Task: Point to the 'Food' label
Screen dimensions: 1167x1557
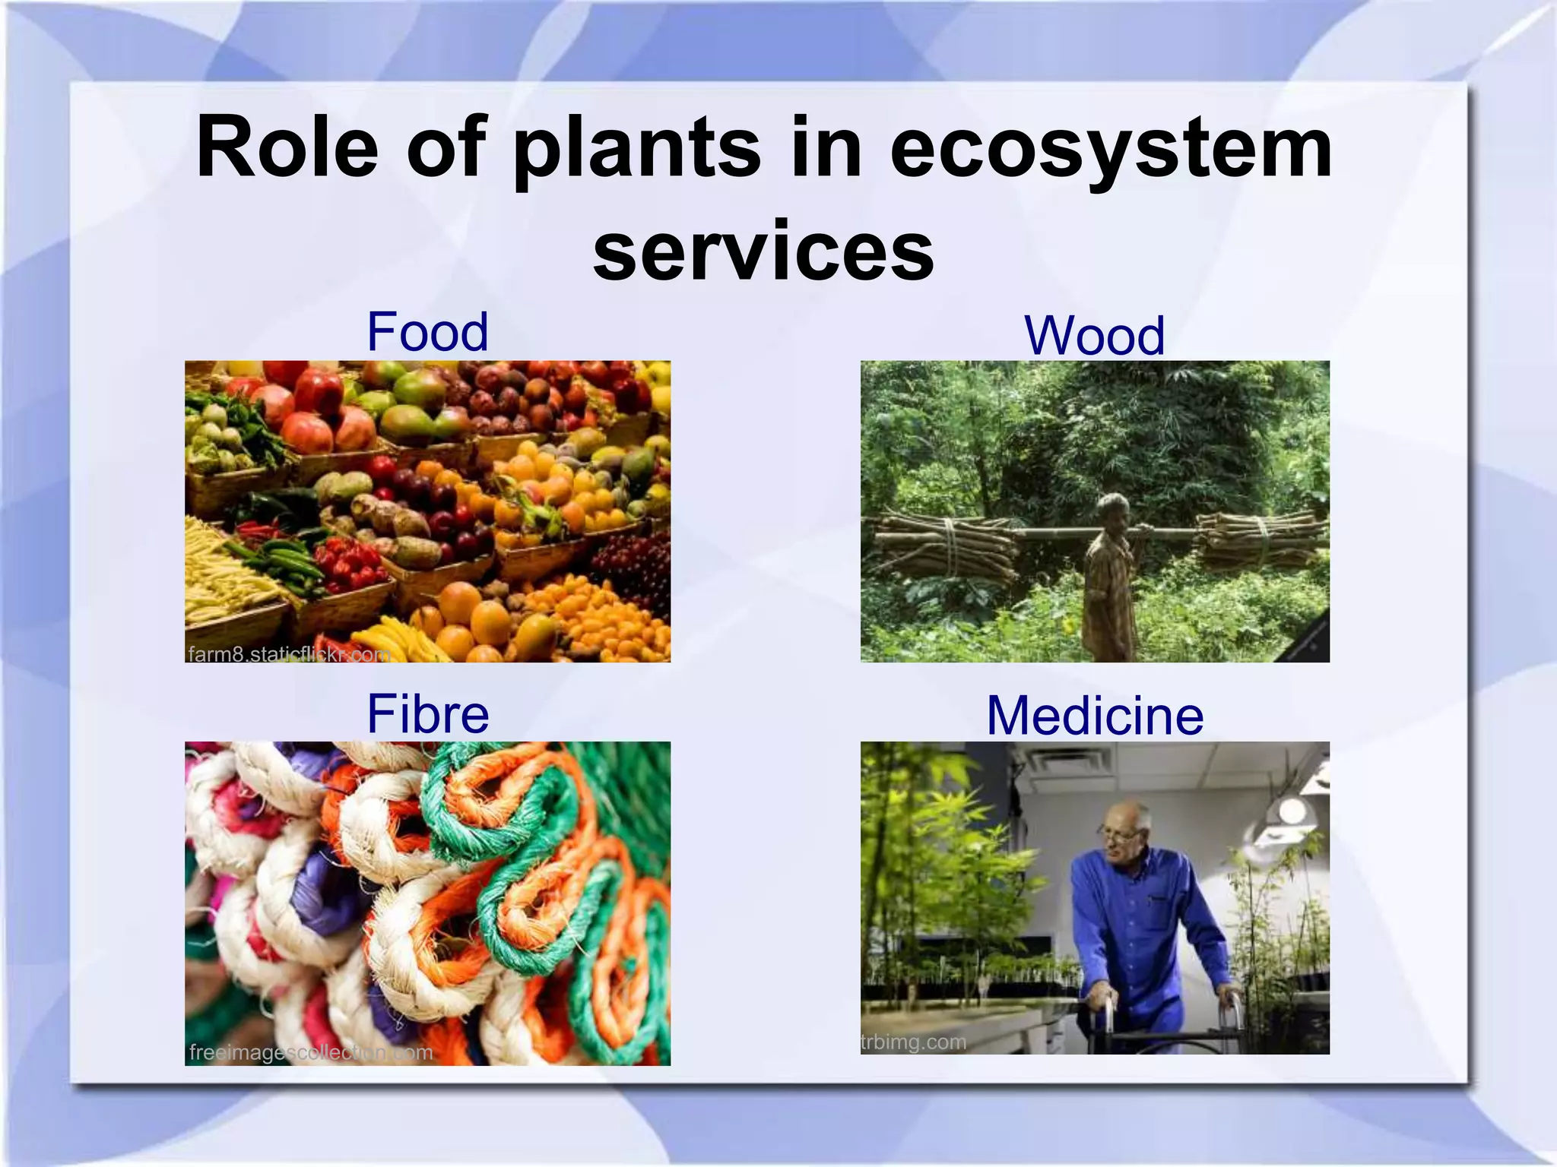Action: tap(427, 332)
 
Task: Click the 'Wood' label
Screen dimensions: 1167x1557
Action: tap(1094, 336)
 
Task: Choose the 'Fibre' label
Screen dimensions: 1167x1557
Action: tap(427, 714)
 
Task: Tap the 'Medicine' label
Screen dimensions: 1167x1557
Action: tap(1095, 716)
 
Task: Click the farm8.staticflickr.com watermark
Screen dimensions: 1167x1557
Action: tap(289, 654)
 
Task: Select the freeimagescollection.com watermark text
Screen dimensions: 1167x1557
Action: tap(311, 1052)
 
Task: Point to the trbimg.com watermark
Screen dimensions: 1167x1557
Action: tap(914, 1042)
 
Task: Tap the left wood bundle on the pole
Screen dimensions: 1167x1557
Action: tap(947, 546)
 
